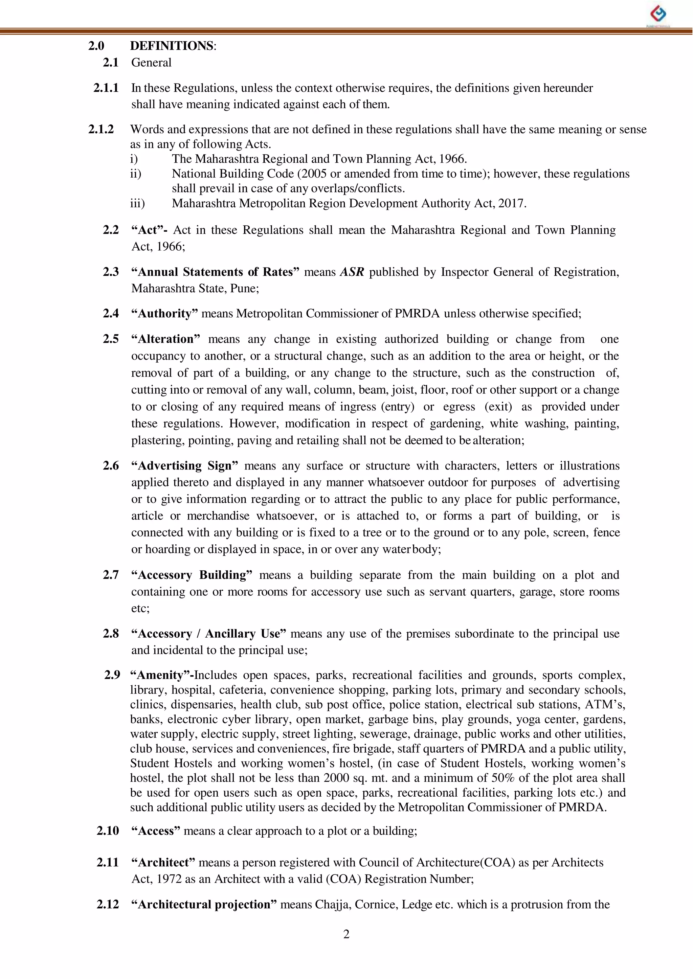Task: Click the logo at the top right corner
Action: click(x=658, y=15)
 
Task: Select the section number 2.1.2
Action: click(x=101, y=129)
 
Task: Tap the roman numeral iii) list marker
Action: click(x=137, y=203)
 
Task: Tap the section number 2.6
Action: click(x=111, y=465)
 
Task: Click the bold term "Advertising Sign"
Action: click(x=184, y=465)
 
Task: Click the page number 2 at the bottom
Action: click(x=346, y=934)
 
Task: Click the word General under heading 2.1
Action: click(x=151, y=63)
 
